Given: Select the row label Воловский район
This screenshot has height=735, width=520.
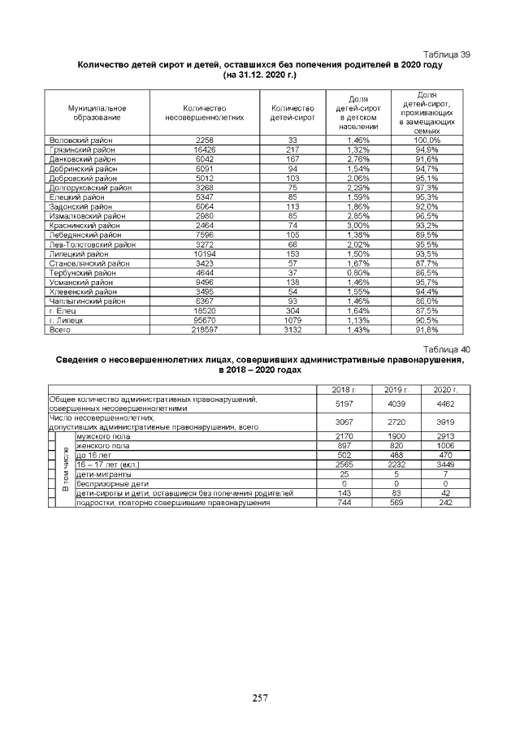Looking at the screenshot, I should (x=81, y=141).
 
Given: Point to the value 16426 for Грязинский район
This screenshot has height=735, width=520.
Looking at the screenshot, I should (x=204, y=150).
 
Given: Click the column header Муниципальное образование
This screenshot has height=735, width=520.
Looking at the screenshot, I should (x=97, y=113).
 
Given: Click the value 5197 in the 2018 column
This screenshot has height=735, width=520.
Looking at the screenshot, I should (x=344, y=403).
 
